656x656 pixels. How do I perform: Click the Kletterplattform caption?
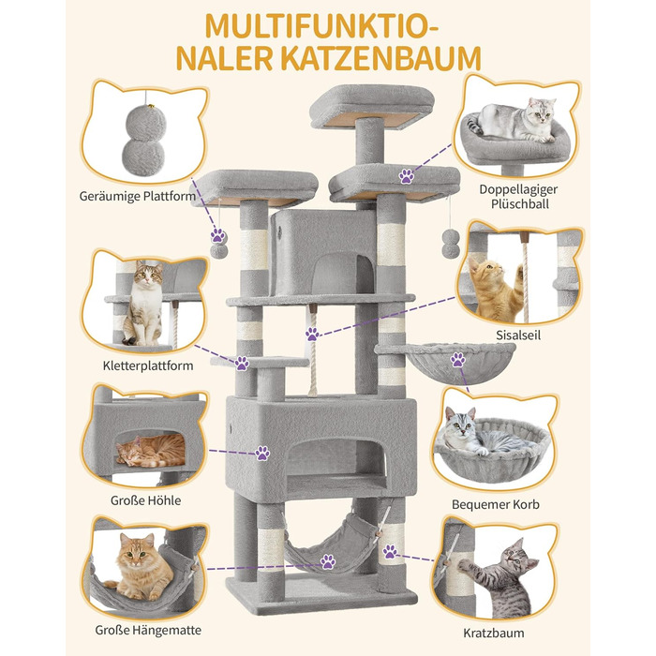(x=150, y=365)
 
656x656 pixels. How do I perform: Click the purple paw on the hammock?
(x=328, y=562)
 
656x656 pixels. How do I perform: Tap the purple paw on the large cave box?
(x=262, y=453)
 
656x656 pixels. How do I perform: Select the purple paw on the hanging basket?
(x=457, y=359)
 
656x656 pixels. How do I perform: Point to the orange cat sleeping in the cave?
(x=152, y=450)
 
